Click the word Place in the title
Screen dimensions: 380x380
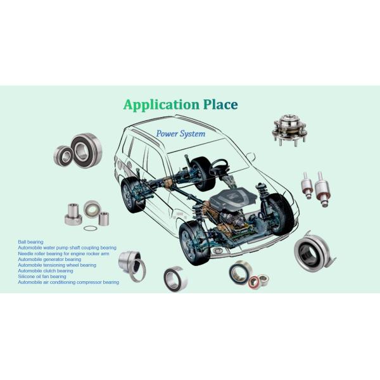(217, 104)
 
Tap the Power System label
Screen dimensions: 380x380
(181, 134)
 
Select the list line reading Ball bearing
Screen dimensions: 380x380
(30, 242)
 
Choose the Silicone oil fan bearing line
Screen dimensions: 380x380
(42, 276)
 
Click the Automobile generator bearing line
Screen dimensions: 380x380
(49, 259)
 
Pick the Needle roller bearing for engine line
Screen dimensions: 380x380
(63, 253)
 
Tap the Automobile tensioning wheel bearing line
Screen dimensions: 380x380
(57, 265)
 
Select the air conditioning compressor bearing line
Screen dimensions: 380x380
(68, 282)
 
